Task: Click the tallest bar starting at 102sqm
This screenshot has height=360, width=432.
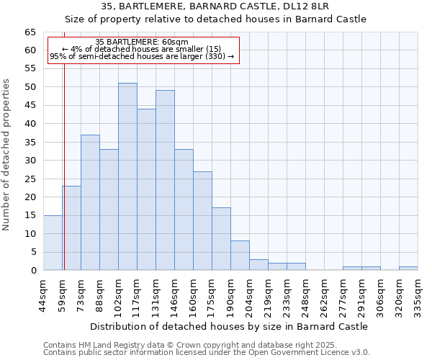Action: tap(127, 176)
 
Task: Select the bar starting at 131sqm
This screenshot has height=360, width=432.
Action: tap(165, 180)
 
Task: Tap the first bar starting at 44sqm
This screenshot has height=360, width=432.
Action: tap(53, 243)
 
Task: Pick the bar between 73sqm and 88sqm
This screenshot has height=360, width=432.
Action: tap(90, 202)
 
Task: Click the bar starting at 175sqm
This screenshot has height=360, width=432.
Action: tap(221, 239)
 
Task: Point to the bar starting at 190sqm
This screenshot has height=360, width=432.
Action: tap(240, 256)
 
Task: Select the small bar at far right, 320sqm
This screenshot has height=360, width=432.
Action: tap(408, 269)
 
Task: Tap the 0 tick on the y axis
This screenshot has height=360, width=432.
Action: tap(33, 271)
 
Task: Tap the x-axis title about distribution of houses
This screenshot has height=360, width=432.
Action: tap(230, 326)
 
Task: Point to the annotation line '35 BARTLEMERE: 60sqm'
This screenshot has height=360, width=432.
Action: tap(142, 42)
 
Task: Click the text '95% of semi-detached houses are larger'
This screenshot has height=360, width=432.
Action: tap(142, 56)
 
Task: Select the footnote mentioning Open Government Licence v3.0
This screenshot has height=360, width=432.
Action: tap(207, 352)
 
